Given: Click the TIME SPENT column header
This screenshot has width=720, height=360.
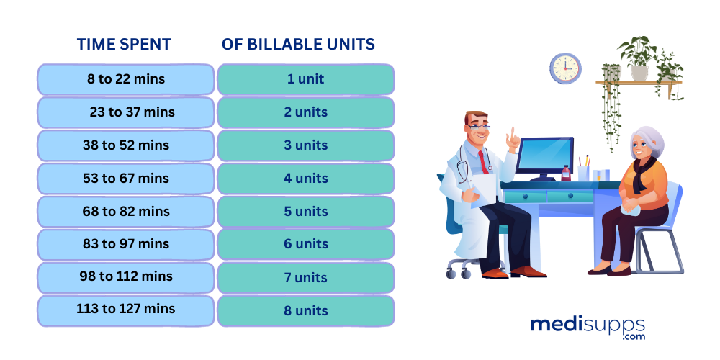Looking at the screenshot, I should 124,44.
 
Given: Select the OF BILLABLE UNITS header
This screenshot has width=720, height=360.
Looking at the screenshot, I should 298,44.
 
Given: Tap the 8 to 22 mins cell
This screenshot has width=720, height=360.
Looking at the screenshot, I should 125,79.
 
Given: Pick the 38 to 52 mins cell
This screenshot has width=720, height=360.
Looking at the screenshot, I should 125,145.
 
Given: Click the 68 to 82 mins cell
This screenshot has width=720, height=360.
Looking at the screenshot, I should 125,212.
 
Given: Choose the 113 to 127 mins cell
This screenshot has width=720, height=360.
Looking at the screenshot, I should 125,310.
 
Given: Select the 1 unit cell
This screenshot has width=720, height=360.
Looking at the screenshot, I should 305,79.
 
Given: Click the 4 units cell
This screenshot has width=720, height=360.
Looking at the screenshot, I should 305,179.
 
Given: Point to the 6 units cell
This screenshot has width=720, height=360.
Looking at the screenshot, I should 305,245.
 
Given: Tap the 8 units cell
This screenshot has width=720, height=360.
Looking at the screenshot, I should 305,311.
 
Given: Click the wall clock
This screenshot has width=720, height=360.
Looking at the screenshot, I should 565,68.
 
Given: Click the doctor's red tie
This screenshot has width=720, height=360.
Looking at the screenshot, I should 483,162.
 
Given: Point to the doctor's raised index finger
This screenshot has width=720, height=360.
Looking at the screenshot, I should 513,134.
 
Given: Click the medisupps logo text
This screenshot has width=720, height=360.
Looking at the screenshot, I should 588,325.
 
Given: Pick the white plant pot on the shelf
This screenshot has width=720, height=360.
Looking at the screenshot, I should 639,73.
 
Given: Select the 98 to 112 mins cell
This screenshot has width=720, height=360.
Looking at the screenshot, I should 125,276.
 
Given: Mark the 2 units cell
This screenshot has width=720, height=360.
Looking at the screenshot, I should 305,112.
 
